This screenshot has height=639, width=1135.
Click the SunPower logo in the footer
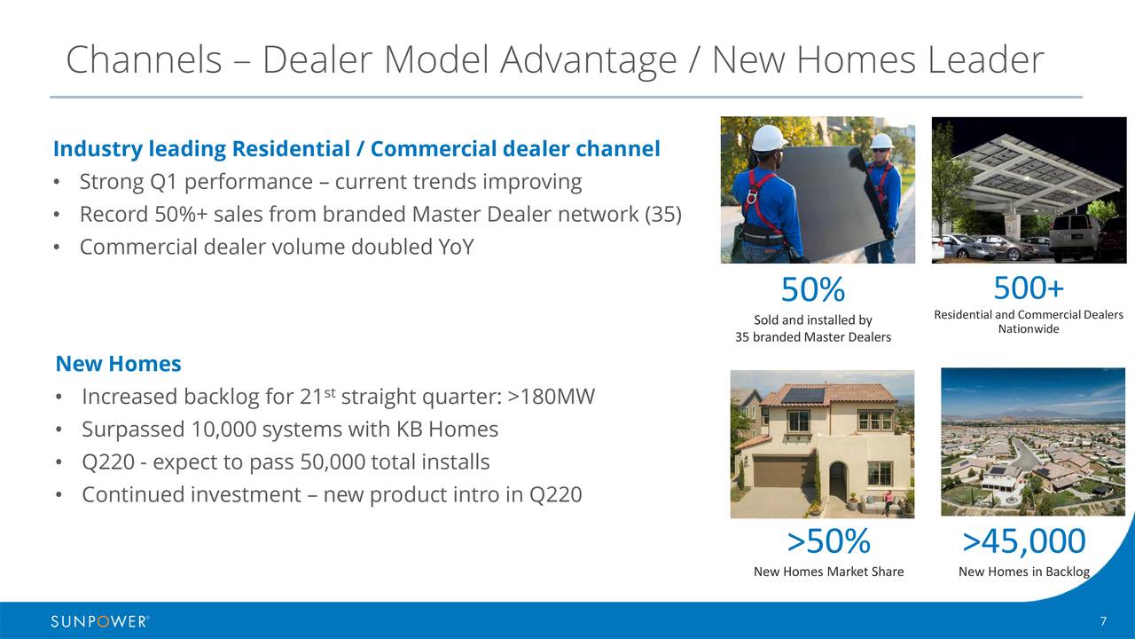click(x=100, y=621)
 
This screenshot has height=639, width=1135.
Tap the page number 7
click(x=1103, y=621)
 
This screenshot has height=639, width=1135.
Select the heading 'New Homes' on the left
click(x=118, y=364)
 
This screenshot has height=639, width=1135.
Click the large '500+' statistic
click(x=1028, y=288)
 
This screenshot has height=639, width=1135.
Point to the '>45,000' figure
click(x=1023, y=540)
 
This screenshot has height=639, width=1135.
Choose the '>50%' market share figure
click(x=828, y=540)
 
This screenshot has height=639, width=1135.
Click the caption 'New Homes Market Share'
click(x=828, y=572)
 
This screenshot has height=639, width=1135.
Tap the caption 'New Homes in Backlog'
click(x=1023, y=572)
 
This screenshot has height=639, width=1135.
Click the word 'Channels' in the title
click(x=144, y=59)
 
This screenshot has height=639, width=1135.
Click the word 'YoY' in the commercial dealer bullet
click(x=456, y=247)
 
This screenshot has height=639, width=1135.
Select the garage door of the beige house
click(x=780, y=471)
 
